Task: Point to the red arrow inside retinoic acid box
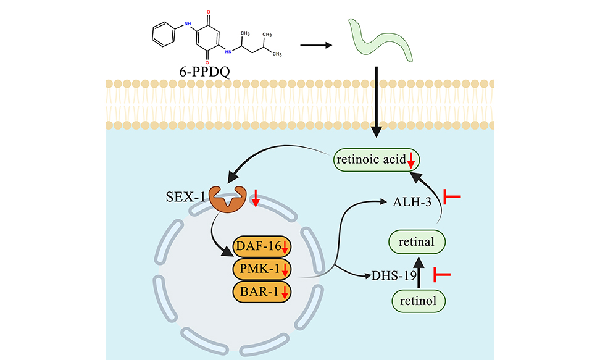(410, 162)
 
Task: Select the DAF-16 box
(262, 249)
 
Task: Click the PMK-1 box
(262, 270)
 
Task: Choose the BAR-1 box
(262, 291)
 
